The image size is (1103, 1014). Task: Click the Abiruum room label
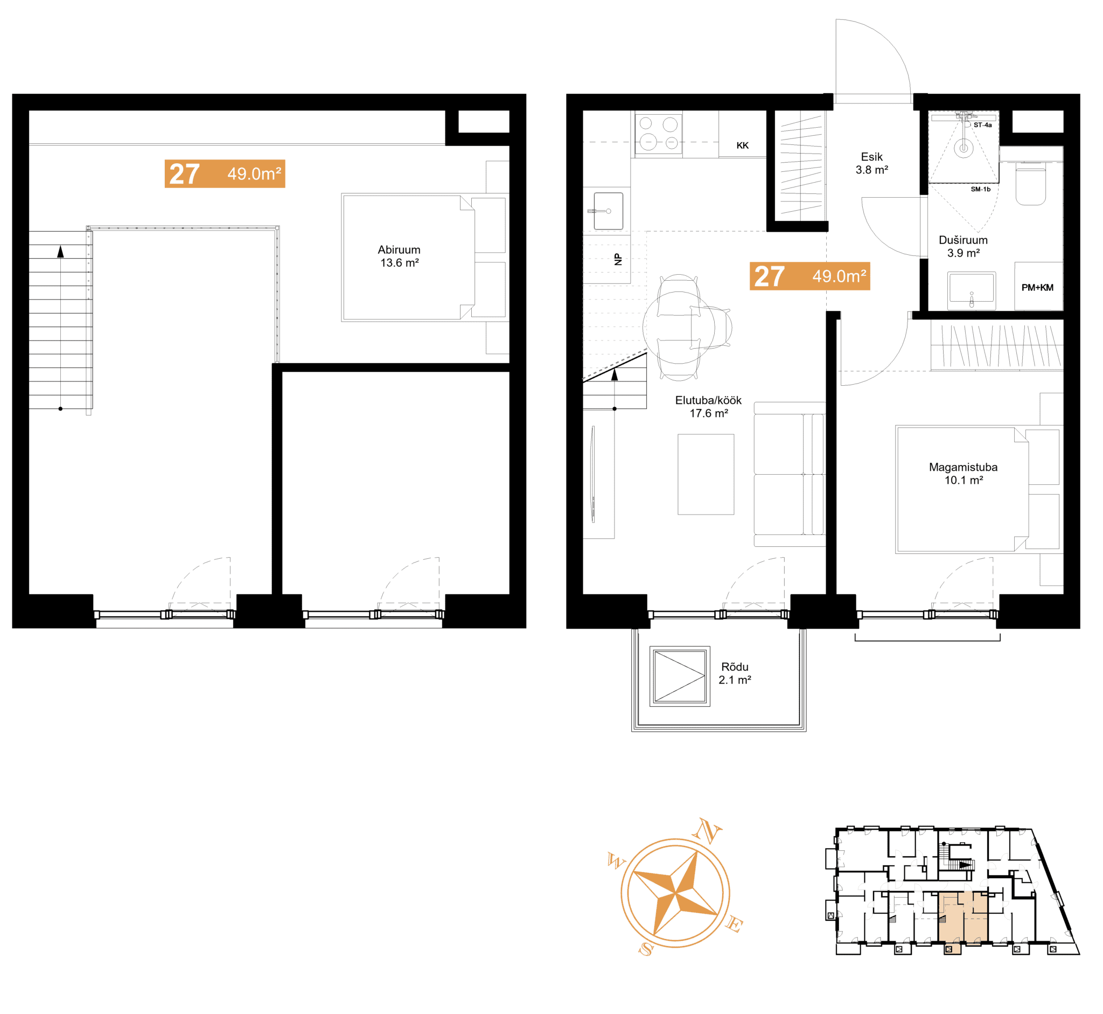tap(399, 250)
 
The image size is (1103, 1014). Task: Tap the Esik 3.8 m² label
tap(872, 163)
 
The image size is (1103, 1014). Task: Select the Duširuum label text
tap(963, 240)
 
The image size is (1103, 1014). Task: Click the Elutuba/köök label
tap(708, 400)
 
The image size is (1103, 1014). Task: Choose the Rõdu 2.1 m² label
tap(735, 673)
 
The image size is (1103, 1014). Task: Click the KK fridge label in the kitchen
tap(743, 145)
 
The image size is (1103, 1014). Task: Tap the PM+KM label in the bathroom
tap(1037, 288)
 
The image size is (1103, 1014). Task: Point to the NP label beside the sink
tap(619, 259)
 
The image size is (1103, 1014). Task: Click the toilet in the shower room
tap(1031, 183)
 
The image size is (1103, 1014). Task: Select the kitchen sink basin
tap(608, 211)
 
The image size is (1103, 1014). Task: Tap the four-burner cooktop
tap(659, 134)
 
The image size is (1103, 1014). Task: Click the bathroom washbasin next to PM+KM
tap(972, 288)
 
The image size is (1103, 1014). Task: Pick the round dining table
tap(679, 328)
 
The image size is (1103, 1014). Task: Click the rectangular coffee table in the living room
tap(706, 475)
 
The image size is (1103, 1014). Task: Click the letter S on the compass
tap(647, 949)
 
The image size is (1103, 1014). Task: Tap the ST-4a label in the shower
tap(982, 125)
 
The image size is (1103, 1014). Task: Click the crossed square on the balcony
tap(680, 676)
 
